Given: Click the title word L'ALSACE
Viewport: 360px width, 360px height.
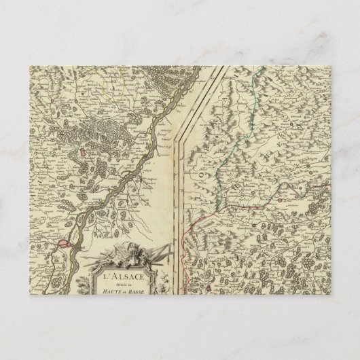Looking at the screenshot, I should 120,277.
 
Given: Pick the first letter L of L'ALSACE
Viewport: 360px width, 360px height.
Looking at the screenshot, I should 105,277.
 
